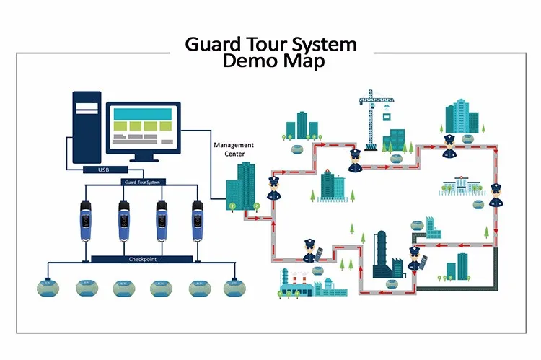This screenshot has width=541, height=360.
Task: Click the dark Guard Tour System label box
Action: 142,182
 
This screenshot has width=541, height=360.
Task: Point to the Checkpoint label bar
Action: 142,258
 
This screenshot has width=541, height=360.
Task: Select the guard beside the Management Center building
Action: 273,188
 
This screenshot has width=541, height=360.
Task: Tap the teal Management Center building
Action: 240,187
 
